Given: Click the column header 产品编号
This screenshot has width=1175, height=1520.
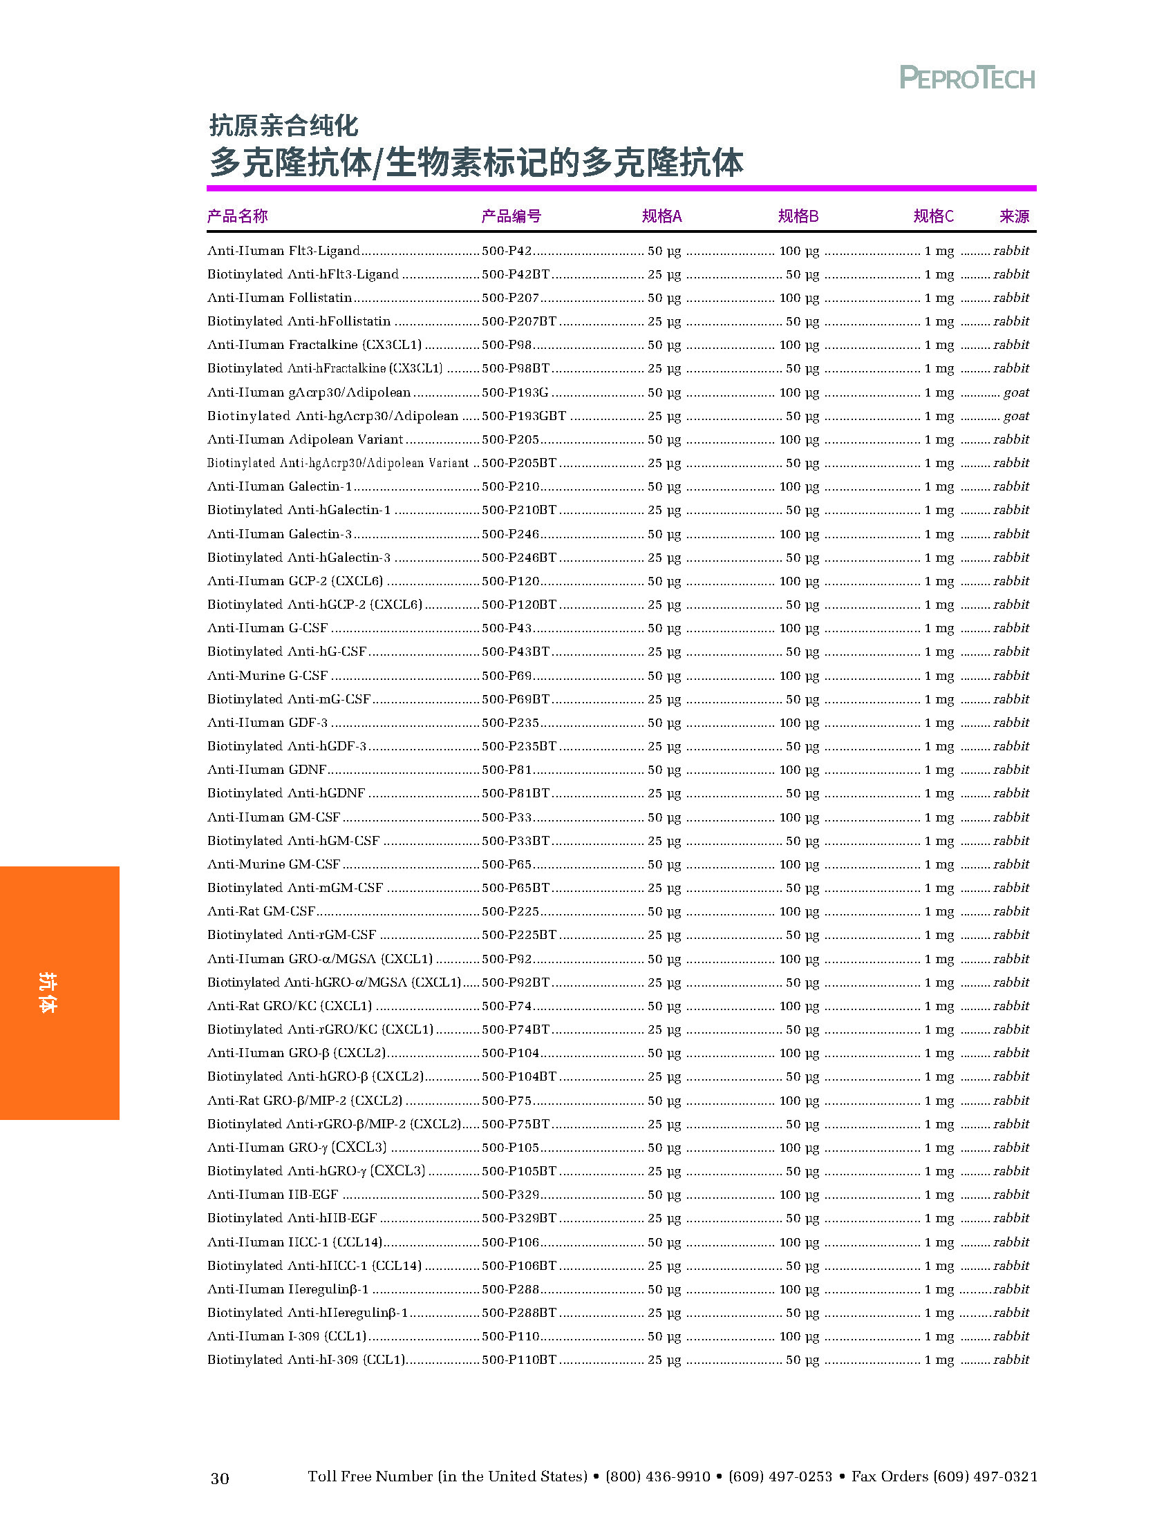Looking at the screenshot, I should coord(511,216).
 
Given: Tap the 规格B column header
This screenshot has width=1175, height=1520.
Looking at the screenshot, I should coord(798,216).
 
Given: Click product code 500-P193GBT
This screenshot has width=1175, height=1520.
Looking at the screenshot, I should coord(523,416).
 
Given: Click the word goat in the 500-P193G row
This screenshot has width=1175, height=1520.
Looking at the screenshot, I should coord(1015,392).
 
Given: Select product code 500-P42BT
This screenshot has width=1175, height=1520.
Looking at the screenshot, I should coord(515,274).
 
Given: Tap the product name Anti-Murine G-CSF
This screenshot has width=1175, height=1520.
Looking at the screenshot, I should coord(267,676).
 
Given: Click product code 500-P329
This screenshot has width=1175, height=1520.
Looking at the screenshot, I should coord(510,1195).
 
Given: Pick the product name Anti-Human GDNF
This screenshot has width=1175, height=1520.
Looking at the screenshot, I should coord(267,770).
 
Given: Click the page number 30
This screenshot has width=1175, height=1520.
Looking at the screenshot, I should coord(219,1479).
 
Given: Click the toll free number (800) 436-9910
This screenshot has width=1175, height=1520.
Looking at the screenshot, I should coord(658,1477).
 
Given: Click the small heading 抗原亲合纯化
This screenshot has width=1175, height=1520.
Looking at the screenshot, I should coord(283,126).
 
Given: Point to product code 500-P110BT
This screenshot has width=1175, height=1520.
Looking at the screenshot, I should coord(518,1360).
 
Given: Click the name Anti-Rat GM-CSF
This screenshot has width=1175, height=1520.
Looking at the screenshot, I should coord(261,912).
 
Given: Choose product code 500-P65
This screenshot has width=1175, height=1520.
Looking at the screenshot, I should coord(506,864).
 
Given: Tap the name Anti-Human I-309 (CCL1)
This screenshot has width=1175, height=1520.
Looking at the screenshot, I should coord(286,1336).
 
